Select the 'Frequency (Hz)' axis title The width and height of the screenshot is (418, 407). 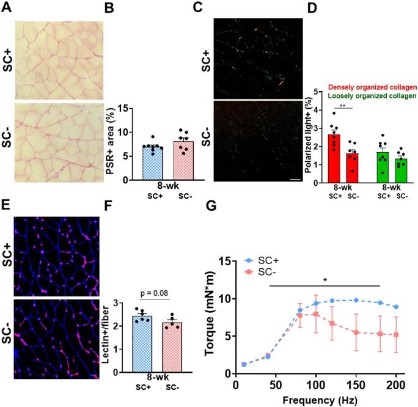(317, 400)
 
